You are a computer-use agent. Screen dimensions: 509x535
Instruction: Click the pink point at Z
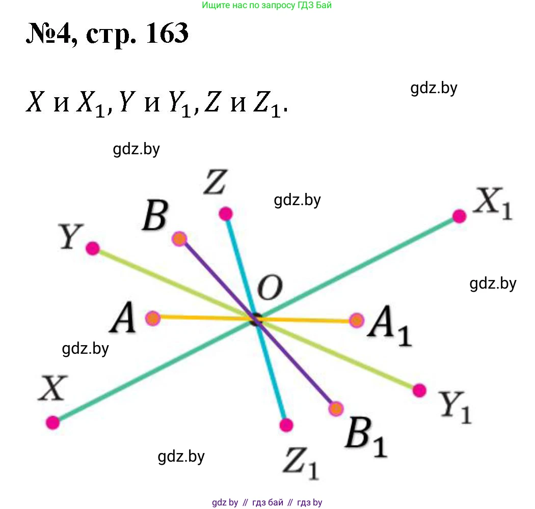(225, 213)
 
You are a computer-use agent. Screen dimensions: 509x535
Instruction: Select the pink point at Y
(92, 248)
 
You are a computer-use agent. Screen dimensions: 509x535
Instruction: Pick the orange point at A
(153, 319)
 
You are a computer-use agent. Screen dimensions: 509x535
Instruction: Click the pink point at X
(52, 422)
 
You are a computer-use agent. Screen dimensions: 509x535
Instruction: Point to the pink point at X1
(459, 216)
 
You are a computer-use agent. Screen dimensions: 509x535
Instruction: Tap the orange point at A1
(357, 320)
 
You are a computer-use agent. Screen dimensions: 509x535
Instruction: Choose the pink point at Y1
(419, 390)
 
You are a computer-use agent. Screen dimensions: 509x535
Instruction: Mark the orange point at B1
(336, 409)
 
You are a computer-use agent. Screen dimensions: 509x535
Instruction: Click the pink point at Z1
(286, 425)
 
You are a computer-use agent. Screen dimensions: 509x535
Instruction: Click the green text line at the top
(267, 6)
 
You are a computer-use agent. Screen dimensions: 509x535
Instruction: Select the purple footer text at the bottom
(267, 502)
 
